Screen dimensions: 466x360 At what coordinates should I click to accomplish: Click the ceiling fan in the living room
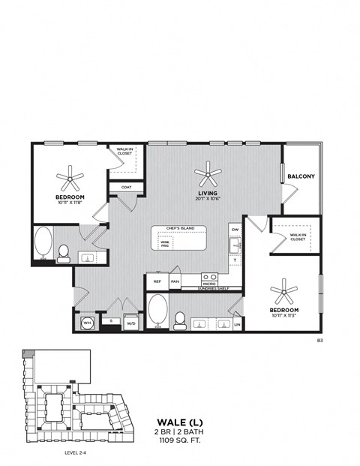click(208, 176)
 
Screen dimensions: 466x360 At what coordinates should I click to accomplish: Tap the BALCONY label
click(301, 177)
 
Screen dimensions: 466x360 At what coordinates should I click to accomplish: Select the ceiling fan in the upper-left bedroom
click(71, 179)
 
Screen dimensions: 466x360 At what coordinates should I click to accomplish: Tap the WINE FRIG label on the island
click(164, 243)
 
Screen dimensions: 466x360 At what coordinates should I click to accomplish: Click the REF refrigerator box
click(157, 281)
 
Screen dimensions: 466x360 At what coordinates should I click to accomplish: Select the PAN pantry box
click(174, 281)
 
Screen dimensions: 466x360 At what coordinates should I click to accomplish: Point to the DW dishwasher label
click(235, 230)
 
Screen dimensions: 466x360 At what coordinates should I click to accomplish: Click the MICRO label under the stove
click(209, 284)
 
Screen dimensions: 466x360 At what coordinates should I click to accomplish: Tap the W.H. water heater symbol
click(86, 323)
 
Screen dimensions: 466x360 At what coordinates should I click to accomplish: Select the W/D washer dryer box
click(130, 323)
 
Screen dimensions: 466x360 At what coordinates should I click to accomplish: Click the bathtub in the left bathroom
click(43, 243)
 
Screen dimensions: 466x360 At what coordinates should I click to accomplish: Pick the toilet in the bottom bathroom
click(179, 320)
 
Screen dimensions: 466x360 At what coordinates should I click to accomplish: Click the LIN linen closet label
click(237, 323)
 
